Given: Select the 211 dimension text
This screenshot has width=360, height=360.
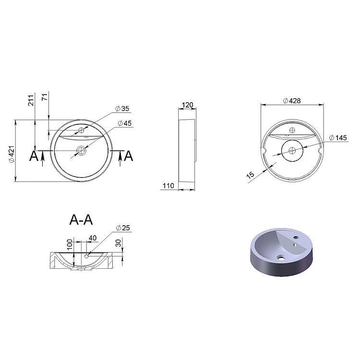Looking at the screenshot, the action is [31, 100].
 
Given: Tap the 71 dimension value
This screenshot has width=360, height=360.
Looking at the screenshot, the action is [45, 96].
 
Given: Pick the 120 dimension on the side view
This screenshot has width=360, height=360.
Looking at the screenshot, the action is [187, 105].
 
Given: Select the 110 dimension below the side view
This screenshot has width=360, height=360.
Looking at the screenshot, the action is [168, 185].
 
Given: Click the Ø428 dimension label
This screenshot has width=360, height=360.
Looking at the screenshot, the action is [292, 101].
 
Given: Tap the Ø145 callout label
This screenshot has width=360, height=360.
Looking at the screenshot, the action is [338, 138].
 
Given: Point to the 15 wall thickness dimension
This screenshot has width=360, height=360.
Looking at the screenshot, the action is [251, 175].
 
